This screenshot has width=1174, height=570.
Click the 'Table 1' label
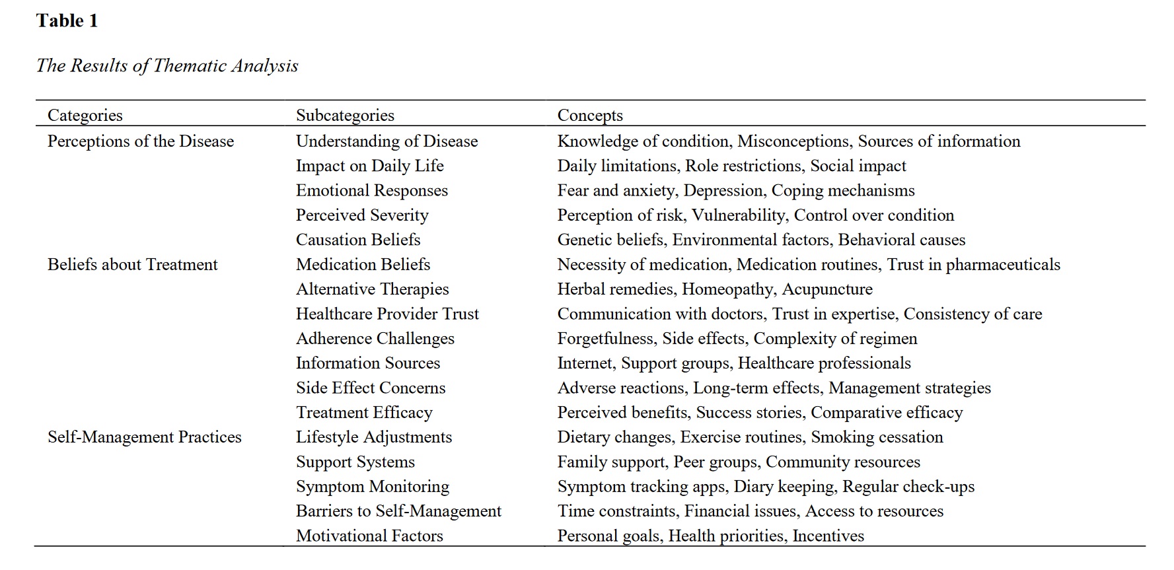click(67, 21)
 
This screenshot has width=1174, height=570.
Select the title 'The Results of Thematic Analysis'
click(167, 65)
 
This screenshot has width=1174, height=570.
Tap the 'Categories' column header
click(85, 115)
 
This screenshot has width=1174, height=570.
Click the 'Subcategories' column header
click(345, 115)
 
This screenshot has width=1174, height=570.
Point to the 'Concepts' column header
click(590, 115)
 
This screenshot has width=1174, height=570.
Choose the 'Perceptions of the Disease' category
click(141, 141)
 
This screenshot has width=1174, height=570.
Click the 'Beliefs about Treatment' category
click(132, 264)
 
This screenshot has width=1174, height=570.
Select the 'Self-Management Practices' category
click(145, 437)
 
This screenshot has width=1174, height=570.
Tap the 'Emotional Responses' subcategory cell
click(371, 190)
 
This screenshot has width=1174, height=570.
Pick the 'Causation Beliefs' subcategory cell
click(358, 239)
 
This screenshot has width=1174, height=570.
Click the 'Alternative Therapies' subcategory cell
click(372, 289)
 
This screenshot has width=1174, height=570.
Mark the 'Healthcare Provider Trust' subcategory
click(387, 314)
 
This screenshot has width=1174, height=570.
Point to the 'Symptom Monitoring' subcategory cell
click(373, 486)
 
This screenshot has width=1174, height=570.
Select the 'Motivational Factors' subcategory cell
click(369, 536)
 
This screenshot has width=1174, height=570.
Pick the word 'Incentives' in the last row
click(828, 536)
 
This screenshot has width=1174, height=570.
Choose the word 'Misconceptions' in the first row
click(793, 141)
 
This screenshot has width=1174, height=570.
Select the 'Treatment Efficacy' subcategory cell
click(364, 412)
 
